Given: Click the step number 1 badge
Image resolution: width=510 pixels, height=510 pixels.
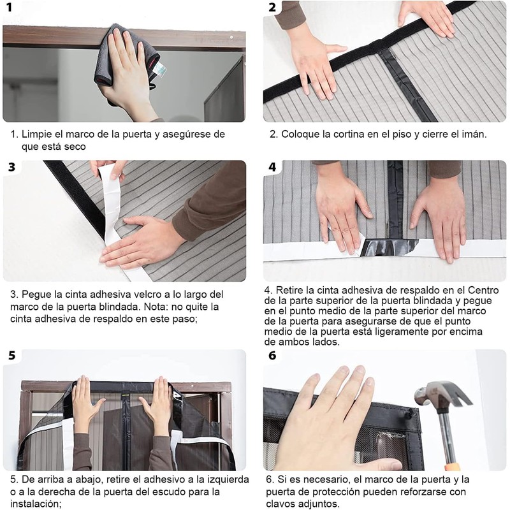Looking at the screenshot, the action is click(x=9, y=7).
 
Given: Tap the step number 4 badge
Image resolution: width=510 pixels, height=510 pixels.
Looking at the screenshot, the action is click(x=272, y=167).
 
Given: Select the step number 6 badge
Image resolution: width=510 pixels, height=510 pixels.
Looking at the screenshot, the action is click(x=272, y=356).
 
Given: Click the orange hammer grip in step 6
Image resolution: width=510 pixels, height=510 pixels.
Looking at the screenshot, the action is click(x=453, y=467).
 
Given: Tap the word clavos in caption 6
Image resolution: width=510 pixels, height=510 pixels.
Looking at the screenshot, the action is click(x=281, y=504).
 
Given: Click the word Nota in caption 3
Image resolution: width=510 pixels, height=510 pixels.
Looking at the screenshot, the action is click(x=156, y=307).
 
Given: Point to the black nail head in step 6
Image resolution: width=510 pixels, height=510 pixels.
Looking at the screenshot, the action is click(x=411, y=412).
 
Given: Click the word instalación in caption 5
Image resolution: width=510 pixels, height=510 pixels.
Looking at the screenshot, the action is click(x=36, y=504).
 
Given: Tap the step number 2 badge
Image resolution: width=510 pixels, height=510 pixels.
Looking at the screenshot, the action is click(x=273, y=7).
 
